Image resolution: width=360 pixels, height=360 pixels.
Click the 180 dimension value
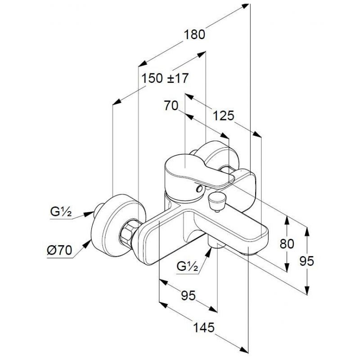(194, 35)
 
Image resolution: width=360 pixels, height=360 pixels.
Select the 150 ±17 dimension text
(165, 78)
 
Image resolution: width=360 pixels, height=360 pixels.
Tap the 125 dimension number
(223, 116)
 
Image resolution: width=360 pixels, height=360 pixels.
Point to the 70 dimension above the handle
(171, 106)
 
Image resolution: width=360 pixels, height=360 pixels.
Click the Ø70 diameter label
(59, 250)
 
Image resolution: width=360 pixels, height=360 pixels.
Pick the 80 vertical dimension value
(287, 244)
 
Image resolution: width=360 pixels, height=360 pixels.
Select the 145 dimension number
(204, 327)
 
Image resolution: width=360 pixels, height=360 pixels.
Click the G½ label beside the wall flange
(61, 212)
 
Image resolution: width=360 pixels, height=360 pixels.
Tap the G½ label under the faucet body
(187, 266)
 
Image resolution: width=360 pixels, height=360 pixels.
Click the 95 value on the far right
(307, 261)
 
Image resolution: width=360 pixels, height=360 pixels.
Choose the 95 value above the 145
(188, 295)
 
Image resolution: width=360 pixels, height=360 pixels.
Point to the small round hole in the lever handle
(199, 189)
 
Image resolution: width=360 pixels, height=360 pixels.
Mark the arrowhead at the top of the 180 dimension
(245, 6)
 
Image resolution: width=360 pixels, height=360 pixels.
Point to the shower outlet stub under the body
(216, 243)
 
